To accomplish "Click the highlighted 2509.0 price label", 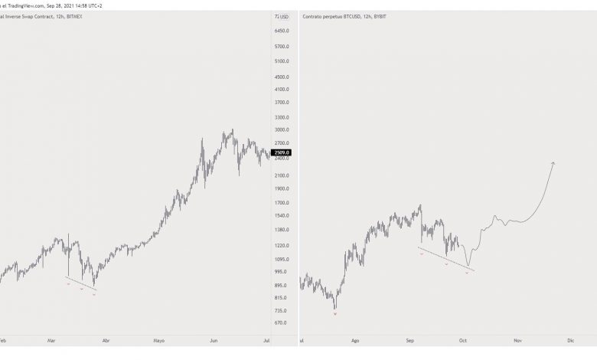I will pos(281,152).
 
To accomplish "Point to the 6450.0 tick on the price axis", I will pos(281,31).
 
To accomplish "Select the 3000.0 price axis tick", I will pos(281,130).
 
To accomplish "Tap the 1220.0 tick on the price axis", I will pos(281,245).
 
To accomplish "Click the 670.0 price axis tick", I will pos(281,322).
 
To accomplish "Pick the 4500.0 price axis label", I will pos(281,77).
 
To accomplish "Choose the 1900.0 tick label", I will pos(281,188).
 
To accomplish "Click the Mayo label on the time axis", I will pos(160,339).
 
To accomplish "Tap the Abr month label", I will pos(106,339).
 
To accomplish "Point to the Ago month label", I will pos(354,339).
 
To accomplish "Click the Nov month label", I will pos(517,339).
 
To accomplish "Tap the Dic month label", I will pos(570,339).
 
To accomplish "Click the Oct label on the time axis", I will pos(462,339).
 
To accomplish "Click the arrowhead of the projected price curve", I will pos(553,163).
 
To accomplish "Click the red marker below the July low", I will pos(335,314).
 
